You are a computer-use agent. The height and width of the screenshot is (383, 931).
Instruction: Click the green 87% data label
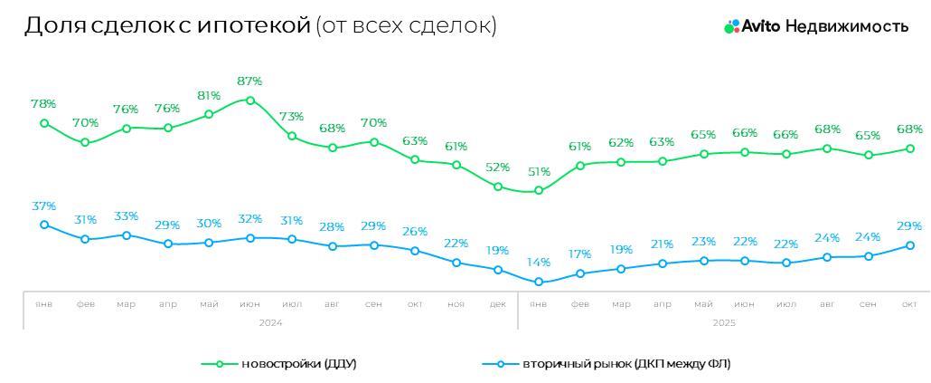pyautogui.click(x=250, y=81)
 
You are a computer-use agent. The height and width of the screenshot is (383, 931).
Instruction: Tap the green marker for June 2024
pyautogui.click(x=250, y=101)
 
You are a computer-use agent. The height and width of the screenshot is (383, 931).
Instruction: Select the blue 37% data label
pyautogui.click(x=44, y=206)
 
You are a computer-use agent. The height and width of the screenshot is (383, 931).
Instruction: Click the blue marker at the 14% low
pyautogui.click(x=539, y=282)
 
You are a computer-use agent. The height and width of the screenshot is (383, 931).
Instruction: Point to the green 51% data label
pyautogui.click(x=539, y=171)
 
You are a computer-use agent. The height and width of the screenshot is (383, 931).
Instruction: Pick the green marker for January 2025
pyautogui.click(x=539, y=190)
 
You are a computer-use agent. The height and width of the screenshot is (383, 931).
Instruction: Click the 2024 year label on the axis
pyautogui.click(x=270, y=321)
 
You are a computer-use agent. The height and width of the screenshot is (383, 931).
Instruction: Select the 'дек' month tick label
pyautogui.click(x=497, y=304)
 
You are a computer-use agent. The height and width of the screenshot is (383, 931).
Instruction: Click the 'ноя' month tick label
pyautogui.click(x=456, y=304)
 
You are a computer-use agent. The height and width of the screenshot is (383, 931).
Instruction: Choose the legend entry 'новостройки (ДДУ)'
pyautogui.click(x=298, y=364)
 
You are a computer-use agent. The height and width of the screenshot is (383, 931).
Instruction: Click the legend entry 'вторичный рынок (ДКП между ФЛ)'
pyautogui.click(x=625, y=364)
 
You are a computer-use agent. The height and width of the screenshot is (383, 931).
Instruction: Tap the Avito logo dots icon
pyautogui.click(x=731, y=26)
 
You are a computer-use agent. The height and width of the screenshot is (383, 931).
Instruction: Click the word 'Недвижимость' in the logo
pyautogui.click(x=846, y=26)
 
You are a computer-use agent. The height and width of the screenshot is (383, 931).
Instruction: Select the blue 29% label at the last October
pyautogui.click(x=909, y=225)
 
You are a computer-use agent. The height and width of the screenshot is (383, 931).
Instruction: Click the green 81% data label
pyautogui.click(x=209, y=95)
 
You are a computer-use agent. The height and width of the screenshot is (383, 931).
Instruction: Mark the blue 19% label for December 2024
pyautogui.click(x=497, y=250)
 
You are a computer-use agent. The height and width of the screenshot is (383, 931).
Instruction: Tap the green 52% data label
pyautogui.click(x=497, y=168)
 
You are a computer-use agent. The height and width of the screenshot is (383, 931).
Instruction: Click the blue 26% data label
pyautogui.click(x=415, y=231)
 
